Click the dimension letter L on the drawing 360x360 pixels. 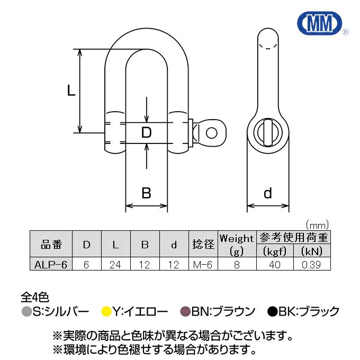point(71,91)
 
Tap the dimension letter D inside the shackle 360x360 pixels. point(147,131)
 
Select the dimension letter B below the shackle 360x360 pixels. point(147,193)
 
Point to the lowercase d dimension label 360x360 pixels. point(267,193)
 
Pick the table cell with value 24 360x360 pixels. point(115,264)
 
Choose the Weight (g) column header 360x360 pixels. point(237,244)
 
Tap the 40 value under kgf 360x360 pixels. point(274,264)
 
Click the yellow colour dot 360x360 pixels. point(106,312)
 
